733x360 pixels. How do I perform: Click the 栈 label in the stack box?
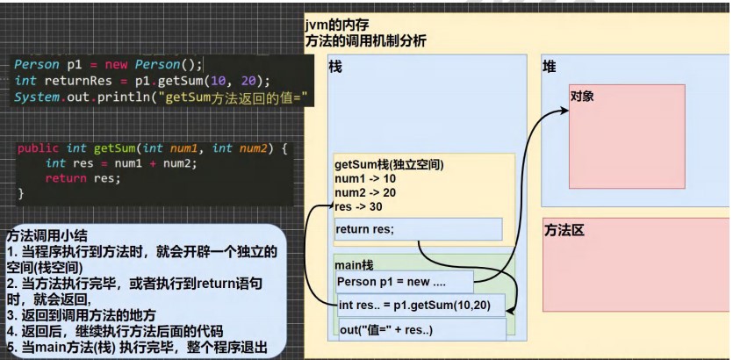[335, 68]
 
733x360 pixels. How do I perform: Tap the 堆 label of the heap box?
[550, 67]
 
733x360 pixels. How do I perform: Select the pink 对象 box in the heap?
[627, 136]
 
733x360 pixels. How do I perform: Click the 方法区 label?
[564, 231]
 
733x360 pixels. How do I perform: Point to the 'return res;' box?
[419, 229]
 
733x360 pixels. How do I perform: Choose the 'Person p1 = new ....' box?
[405, 282]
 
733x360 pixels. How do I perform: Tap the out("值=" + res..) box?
[422, 330]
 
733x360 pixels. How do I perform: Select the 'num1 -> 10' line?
[359, 178]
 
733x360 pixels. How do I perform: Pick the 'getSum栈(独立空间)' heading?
[389, 165]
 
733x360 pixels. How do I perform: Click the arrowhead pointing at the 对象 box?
[564, 111]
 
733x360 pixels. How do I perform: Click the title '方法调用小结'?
[47, 236]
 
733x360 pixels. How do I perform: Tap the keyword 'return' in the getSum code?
[66, 178]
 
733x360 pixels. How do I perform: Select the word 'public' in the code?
[39, 148]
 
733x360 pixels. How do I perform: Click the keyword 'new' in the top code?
[116, 64]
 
